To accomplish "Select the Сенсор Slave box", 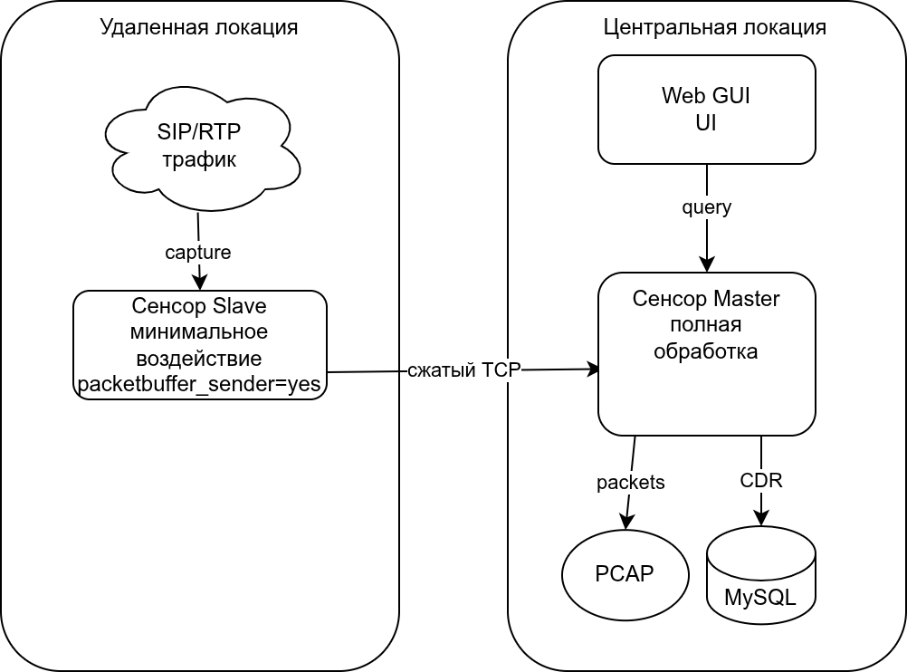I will (x=199, y=344).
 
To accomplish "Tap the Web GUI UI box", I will (x=706, y=110).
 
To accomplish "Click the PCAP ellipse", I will (x=625, y=574).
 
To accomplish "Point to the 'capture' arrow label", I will (x=198, y=253).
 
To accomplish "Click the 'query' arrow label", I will (x=706, y=207).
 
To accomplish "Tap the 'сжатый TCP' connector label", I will (x=463, y=370).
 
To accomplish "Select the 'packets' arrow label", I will (x=630, y=483).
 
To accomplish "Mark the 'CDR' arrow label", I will (x=760, y=481).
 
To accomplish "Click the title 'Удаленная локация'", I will (x=199, y=27).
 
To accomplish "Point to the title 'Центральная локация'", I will (x=714, y=27).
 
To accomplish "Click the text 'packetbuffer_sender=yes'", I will (x=199, y=385).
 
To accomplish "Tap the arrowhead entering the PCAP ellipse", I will (x=625, y=523).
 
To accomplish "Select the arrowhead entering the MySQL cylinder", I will (x=761, y=519).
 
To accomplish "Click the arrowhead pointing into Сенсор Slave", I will (x=200, y=283).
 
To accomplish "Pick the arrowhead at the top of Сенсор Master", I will (x=707, y=264).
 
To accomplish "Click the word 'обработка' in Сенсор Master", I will (x=706, y=350).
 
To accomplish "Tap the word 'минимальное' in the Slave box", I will (x=199, y=330).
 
